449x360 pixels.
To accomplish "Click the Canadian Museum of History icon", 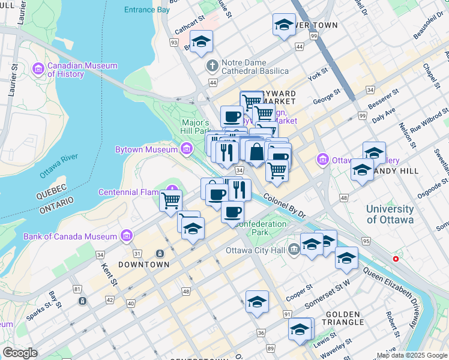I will pos(39,69).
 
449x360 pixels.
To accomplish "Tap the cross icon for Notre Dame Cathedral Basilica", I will pos(211,65).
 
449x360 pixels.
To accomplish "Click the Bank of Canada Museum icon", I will pos(126,236).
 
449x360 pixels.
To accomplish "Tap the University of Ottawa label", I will pos(390,214).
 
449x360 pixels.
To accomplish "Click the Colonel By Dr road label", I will pos(284,205).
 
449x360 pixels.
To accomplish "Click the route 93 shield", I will pos(174,43).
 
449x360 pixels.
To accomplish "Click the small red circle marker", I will pos(395,259).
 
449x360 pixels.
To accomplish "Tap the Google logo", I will pos(20,353).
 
